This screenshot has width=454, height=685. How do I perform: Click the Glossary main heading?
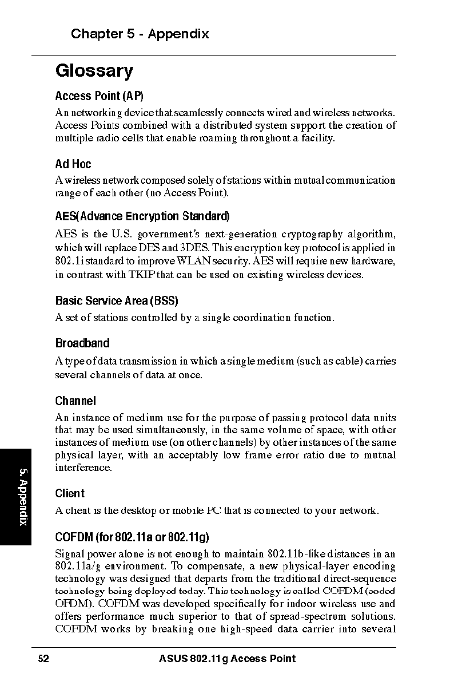94,72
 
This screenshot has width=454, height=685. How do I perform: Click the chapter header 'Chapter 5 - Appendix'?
140,34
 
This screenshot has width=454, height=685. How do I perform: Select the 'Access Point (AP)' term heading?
99,96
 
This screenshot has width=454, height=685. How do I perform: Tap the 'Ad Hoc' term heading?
73,164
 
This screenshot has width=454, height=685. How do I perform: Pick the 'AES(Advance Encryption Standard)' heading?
142,216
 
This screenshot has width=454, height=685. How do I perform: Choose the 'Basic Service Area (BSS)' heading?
117,300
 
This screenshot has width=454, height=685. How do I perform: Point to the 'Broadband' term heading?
82,343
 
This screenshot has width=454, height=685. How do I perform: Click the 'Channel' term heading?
75,401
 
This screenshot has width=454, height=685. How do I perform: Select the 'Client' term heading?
70,493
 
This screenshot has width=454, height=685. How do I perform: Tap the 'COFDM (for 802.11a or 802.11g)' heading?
132,537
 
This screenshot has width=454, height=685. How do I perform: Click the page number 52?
43,659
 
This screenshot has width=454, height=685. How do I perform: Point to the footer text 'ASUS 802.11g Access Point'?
228,659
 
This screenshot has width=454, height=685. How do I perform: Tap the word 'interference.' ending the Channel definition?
83,468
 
